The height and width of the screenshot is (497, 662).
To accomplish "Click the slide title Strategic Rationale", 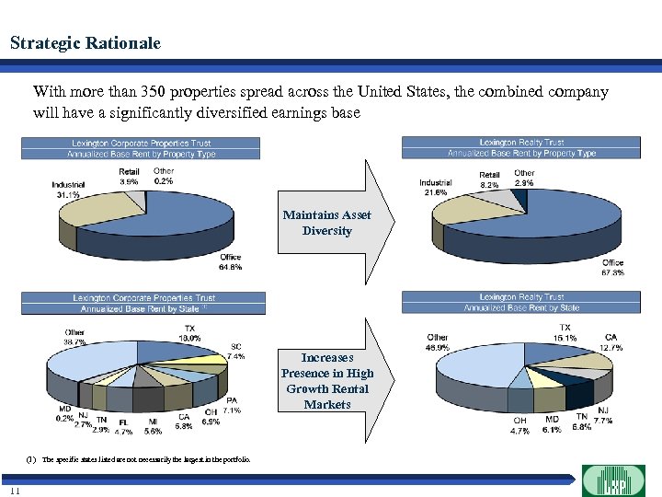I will [x=85, y=43].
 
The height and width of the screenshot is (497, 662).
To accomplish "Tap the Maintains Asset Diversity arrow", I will [x=337, y=223].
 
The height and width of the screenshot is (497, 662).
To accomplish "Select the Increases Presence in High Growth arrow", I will [x=337, y=380].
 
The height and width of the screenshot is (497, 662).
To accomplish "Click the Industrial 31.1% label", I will [x=68, y=190].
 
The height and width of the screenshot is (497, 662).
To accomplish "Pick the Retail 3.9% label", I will [x=129, y=177].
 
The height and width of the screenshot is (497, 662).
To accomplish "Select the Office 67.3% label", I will [x=612, y=267].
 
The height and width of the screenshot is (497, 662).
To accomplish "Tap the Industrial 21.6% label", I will [x=434, y=187].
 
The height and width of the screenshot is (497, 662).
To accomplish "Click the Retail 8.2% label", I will [x=489, y=179].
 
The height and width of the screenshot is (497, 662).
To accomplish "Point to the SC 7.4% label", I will [x=237, y=352].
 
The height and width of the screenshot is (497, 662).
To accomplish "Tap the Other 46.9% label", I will [x=438, y=343].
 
